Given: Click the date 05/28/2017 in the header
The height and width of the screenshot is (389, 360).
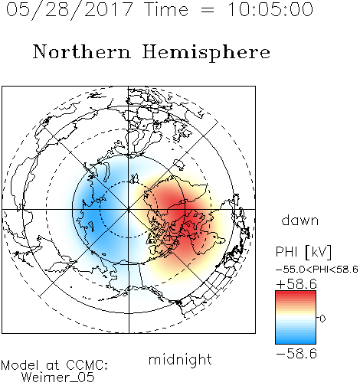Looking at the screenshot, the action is click(x=70, y=10).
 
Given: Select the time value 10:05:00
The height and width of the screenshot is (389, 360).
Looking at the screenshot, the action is click(x=270, y=10).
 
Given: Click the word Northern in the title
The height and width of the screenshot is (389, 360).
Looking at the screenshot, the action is click(x=82, y=52).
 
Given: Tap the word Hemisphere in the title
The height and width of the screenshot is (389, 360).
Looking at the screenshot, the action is click(x=206, y=52).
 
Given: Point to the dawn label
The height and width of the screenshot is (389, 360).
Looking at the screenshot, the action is click(x=300, y=220).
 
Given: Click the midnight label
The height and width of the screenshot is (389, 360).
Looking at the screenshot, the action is click(x=180, y=360).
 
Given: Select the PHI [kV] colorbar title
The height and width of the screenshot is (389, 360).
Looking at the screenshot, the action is click(x=303, y=252).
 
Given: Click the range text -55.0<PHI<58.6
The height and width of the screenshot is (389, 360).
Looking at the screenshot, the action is click(x=317, y=270).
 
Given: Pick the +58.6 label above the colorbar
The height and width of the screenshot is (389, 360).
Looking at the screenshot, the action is click(x=296, y=284).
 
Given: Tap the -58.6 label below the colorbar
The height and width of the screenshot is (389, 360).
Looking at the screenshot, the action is click(x=296, y=354).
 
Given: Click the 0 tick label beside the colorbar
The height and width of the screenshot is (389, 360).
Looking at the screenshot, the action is click(x=322, y=319).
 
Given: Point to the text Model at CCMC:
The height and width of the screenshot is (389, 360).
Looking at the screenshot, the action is click(x=54, y=365).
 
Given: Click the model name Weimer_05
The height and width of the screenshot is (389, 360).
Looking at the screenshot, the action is click(x=58, y=378).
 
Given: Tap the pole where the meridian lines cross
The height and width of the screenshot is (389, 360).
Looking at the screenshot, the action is click(x=129, y=210).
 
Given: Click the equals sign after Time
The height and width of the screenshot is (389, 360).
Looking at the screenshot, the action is click(x=208, y=10).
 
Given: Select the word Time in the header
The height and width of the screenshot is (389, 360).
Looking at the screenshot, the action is click(x=166, y=10).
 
